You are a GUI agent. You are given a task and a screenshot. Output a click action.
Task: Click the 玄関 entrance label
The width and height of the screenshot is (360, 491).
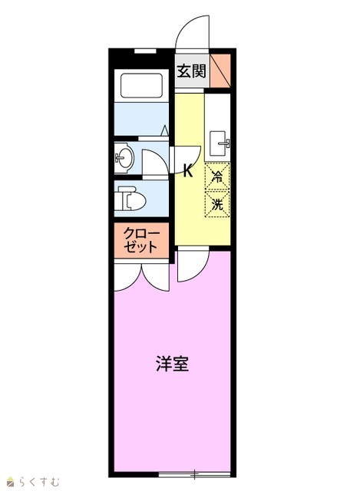click(191, 71)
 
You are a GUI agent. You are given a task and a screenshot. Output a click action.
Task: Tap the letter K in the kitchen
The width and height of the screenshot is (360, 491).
click(188, 171)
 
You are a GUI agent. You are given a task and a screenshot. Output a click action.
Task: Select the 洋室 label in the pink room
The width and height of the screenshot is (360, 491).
click(172, 363)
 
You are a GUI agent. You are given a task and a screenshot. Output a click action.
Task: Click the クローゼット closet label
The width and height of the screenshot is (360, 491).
click(141, 240)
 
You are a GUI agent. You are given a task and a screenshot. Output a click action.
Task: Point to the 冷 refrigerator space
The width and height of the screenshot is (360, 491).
click(217, 176)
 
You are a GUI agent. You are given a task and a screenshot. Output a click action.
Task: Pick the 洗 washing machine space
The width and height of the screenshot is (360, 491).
click(217, 204)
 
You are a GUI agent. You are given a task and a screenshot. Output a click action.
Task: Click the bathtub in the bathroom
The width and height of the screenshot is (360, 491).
click(141, 85)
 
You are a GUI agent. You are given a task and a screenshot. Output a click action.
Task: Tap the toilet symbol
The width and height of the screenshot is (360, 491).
click(130, 199)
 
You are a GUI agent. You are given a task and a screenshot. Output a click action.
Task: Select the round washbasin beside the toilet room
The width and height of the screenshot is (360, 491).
click(124, 158)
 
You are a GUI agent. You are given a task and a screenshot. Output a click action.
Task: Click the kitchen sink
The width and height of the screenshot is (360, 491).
click(220, 143)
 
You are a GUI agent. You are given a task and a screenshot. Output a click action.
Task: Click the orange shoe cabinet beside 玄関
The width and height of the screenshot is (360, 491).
click(220, 71)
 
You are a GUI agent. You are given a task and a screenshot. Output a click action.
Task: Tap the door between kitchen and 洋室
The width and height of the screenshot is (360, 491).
click(193, 264)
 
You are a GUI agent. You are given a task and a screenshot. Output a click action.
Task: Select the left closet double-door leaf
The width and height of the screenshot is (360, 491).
click(128, 278)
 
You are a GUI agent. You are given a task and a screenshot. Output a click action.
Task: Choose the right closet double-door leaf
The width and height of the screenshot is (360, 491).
click(156, 278)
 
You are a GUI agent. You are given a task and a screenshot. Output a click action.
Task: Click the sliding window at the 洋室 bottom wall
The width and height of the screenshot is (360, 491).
click(194, 474)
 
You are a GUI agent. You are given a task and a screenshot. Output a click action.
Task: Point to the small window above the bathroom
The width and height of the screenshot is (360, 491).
click(145, 51)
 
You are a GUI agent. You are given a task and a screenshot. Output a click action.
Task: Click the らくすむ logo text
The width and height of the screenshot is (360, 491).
click(38, 481)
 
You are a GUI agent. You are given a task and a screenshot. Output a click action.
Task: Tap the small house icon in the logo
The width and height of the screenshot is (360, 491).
click(12, 482)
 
